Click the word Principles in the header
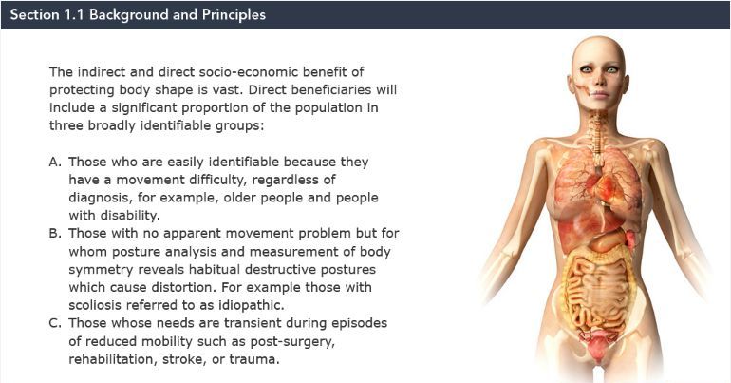point(234,14)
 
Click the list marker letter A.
point(55,162)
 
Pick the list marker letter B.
point(55,233)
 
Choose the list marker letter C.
point(55,323)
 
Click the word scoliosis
point(95,305)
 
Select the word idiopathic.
point(252,305)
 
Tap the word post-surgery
point(292,341)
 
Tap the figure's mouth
point(599,93)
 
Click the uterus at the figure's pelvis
point(596,345)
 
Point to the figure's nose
point(600,80)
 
